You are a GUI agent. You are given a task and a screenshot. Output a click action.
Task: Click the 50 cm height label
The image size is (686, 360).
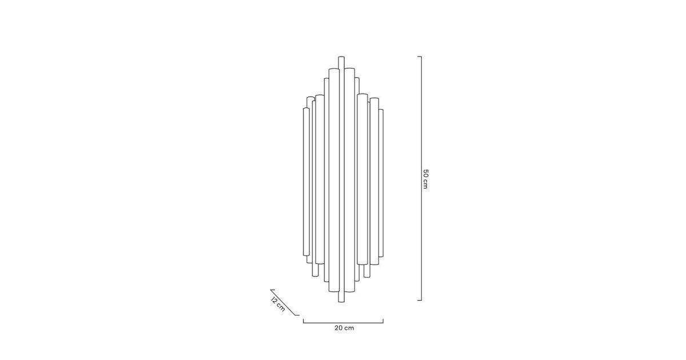pyautogui.click(x=425, y=179)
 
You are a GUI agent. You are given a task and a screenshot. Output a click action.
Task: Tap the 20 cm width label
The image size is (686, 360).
pyautogui.click(x=344, y=328)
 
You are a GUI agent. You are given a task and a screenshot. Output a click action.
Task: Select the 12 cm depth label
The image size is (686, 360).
pyautogui.click(x=278, y=304)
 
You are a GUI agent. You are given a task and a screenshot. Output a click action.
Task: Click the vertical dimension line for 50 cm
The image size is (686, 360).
pyautogui.click(x=421, y=178)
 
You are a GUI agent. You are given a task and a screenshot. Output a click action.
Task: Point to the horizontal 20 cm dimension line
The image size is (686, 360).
pyautogui.click(x=344, y=323)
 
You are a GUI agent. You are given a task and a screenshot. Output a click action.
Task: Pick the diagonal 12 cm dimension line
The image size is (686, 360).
pyautogui.click(x=284, y=302)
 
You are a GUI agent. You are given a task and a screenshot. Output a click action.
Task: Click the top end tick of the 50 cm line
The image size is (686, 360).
pyautogui.click(x=420, y=57)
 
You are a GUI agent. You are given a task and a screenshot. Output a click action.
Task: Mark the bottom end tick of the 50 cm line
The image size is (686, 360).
pyautogui.click(x=420, y=301)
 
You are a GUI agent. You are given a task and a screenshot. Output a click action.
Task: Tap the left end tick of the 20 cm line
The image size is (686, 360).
pyautogui.click(x=304, y=321)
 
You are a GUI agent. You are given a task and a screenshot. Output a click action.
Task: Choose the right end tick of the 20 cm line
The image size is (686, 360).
pyautogui.click(x=383, y=321)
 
